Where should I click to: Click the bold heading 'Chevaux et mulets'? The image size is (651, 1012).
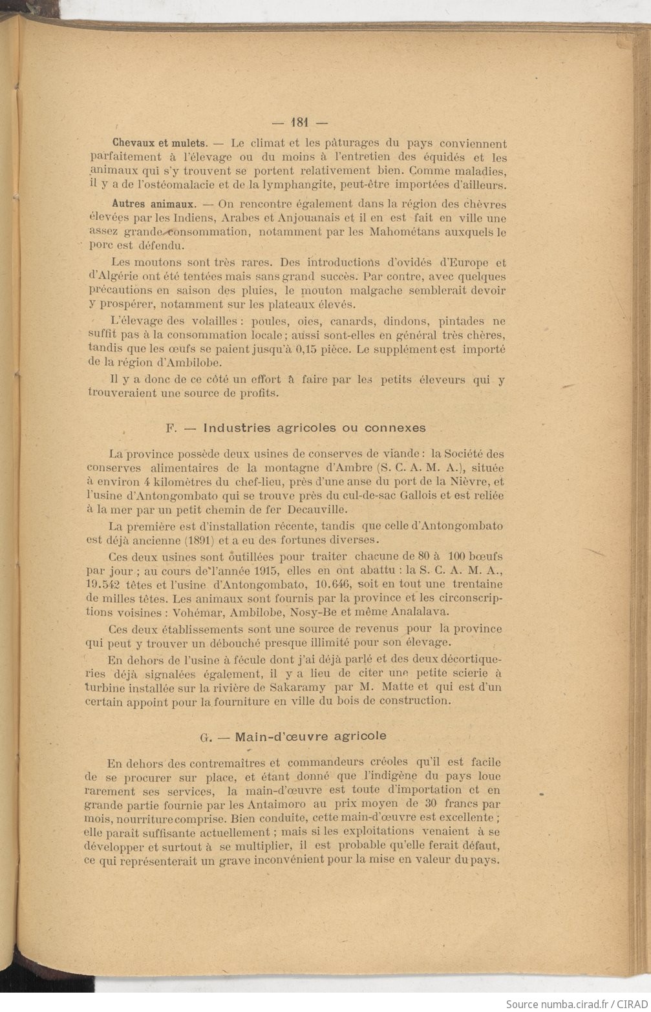(160, 143)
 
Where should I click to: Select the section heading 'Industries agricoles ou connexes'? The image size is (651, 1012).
(314, 428)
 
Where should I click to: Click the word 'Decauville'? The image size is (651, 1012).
(284, 508)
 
